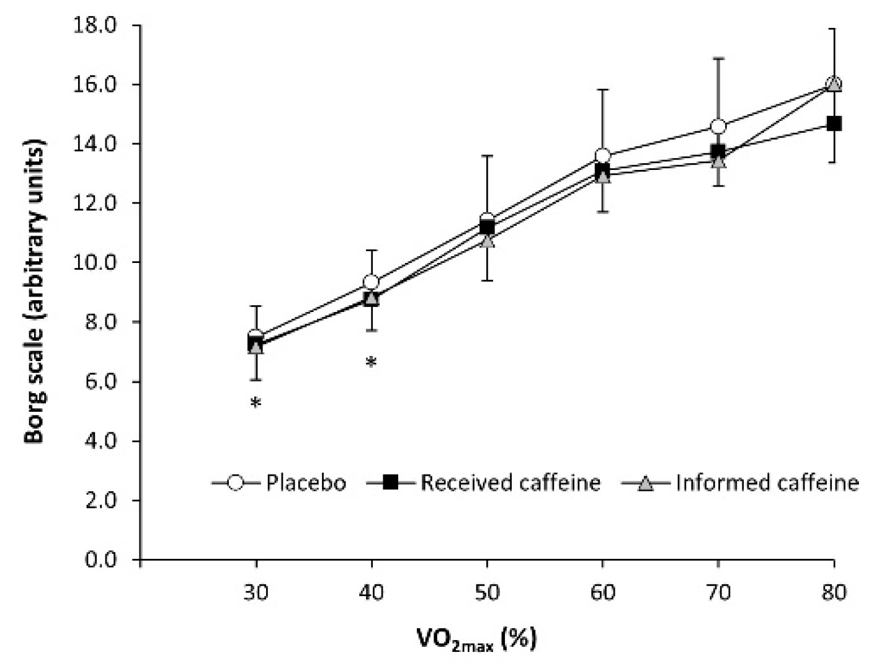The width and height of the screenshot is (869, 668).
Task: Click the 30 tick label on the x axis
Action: [256, 593]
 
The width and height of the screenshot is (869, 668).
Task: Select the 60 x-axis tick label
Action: [602, 593]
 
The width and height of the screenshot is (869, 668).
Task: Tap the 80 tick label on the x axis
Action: [834, 593]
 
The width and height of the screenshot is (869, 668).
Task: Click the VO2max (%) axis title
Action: [476, 639]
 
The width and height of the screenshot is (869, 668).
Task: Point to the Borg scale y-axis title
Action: [35, 292]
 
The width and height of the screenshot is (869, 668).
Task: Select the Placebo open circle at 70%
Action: [718, 127]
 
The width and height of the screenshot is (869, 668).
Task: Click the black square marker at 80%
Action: [834, 123]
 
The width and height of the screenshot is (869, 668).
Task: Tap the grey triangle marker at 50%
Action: [487, 239]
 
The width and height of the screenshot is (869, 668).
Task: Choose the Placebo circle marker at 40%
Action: [371, 283]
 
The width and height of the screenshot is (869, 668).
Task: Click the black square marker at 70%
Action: [718, 151]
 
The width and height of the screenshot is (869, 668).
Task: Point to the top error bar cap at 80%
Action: [834, 29]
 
